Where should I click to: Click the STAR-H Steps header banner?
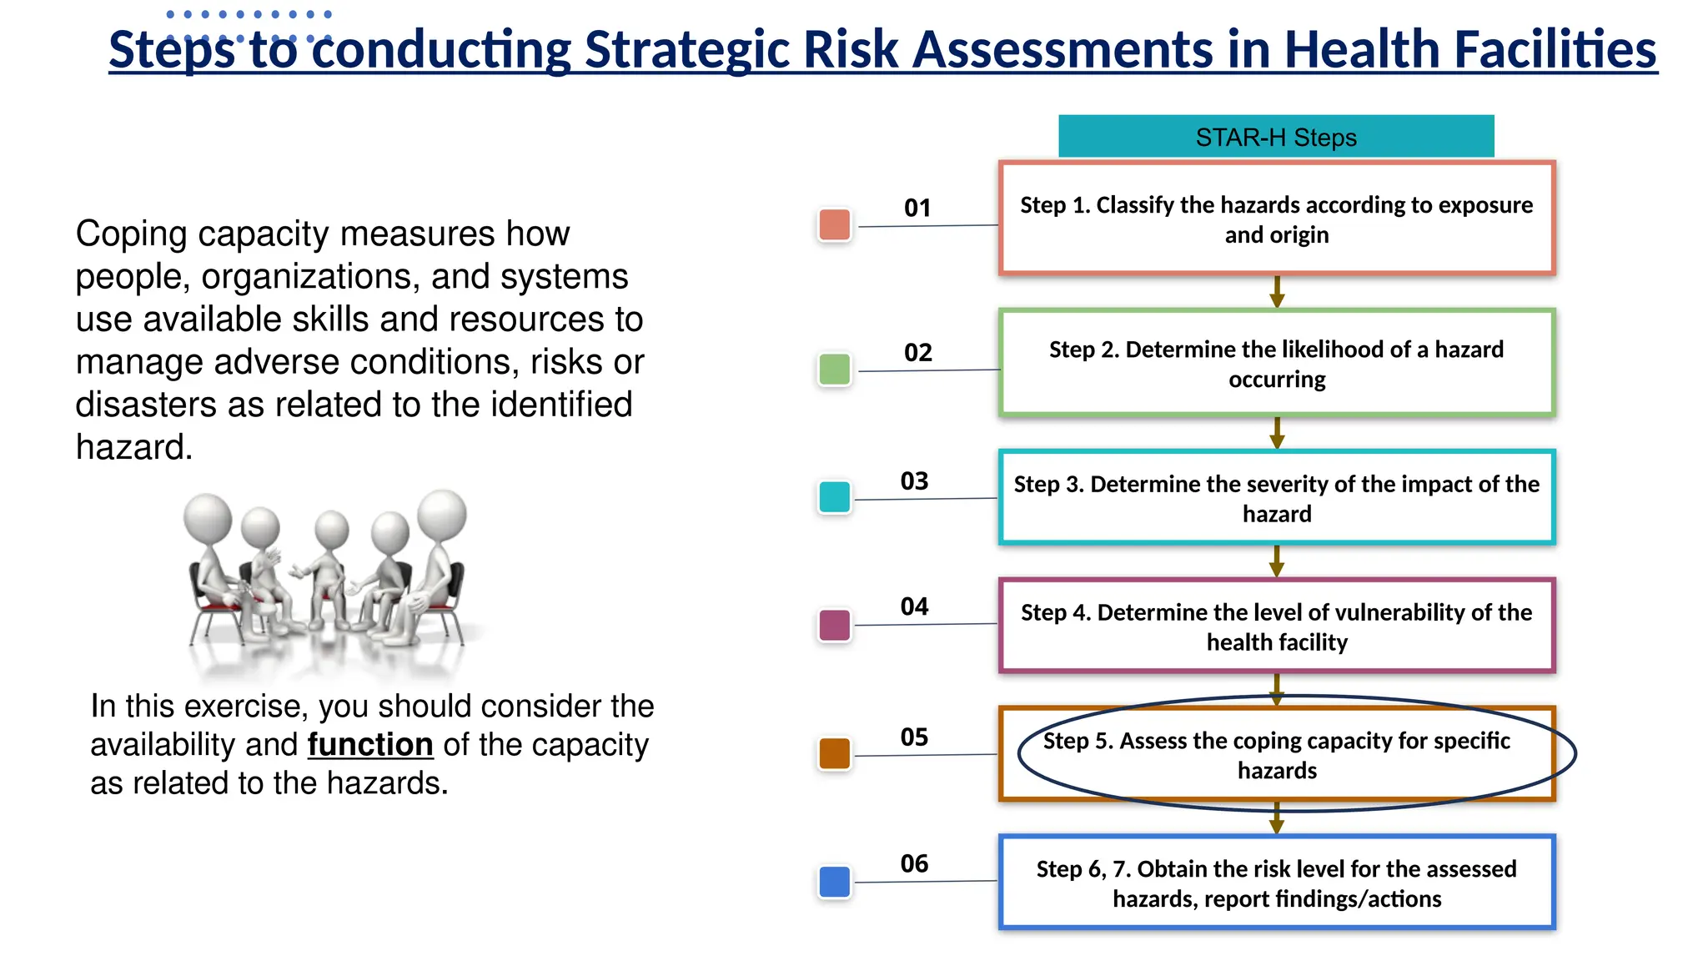coord(1275,137)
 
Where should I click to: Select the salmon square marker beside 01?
coord(834,224)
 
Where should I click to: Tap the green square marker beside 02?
coord(834,369)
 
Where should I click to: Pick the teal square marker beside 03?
coord(834,496)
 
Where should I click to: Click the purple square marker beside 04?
coord(834,625)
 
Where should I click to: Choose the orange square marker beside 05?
coord(834,753)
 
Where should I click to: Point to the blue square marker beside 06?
coord(834,882)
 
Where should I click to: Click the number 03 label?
coord(914,481)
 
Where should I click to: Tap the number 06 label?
coord(914,863)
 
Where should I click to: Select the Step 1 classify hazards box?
coord(1276,219)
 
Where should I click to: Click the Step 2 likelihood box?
coord(1276,364)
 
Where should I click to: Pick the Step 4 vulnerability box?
coord(1276,626)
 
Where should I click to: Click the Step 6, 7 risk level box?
coord(1276,883)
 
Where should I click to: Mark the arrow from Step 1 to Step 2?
coord(1276,292)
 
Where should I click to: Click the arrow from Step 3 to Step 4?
coord(1276,561)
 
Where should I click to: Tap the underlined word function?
coord(370,744)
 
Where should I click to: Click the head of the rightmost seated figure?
coord(442,514)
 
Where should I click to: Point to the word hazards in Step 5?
coord(1276,771)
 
